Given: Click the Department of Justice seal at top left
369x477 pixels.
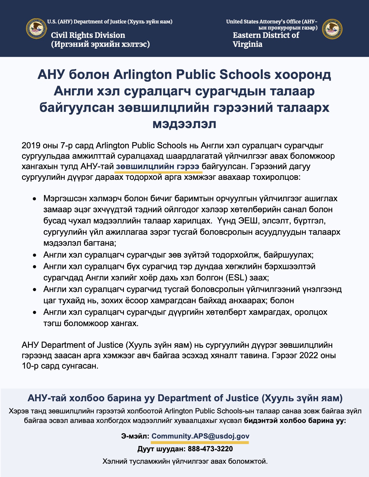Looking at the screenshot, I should [36, 29].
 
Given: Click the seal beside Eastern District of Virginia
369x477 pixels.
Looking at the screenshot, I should [332, 29].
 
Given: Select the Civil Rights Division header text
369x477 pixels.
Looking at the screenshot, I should [88, 35].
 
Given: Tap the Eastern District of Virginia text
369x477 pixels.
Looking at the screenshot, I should [266, 40].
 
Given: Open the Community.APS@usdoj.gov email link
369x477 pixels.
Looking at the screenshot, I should [200, 436].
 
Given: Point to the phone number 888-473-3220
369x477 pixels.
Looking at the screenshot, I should [210, 449].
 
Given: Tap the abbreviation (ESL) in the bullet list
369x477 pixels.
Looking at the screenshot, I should [236, 278].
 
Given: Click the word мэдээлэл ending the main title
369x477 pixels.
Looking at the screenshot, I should [184, 124].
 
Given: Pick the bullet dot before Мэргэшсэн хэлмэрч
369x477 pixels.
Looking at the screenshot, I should [34, 199].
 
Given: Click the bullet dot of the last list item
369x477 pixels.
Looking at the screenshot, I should [34, 313].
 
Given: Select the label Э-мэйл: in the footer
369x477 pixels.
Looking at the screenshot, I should [135, 436].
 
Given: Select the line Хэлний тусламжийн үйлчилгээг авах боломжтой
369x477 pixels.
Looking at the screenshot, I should [185, 461].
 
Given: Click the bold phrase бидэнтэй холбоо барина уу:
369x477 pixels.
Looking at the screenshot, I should [295, 420].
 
